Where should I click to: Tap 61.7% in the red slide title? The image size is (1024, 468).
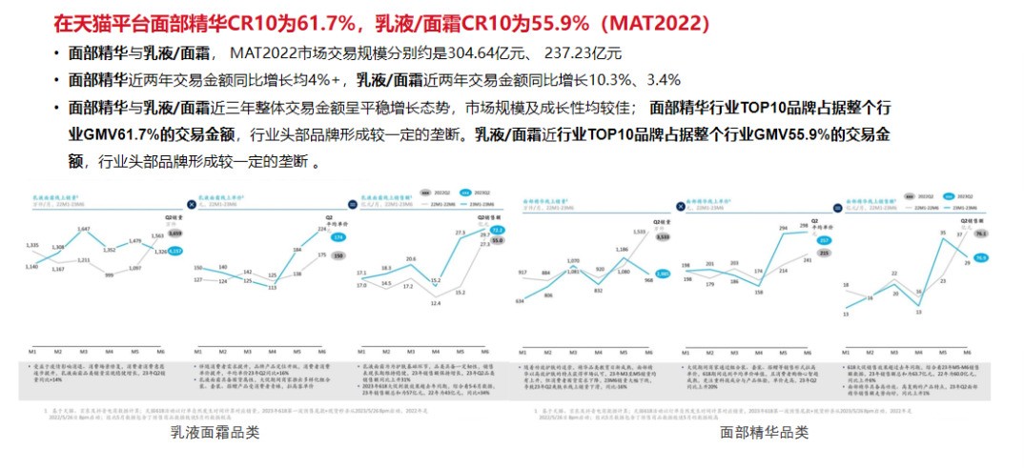coord(316,21)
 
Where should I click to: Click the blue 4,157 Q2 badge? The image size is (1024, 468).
coord(174,251)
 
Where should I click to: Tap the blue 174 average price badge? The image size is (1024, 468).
coord(338,236)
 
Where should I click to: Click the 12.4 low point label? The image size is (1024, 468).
coord(435,302)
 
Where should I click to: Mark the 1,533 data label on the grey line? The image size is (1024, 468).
coord(638,231)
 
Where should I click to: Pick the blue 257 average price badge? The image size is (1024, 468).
coord(824,240)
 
